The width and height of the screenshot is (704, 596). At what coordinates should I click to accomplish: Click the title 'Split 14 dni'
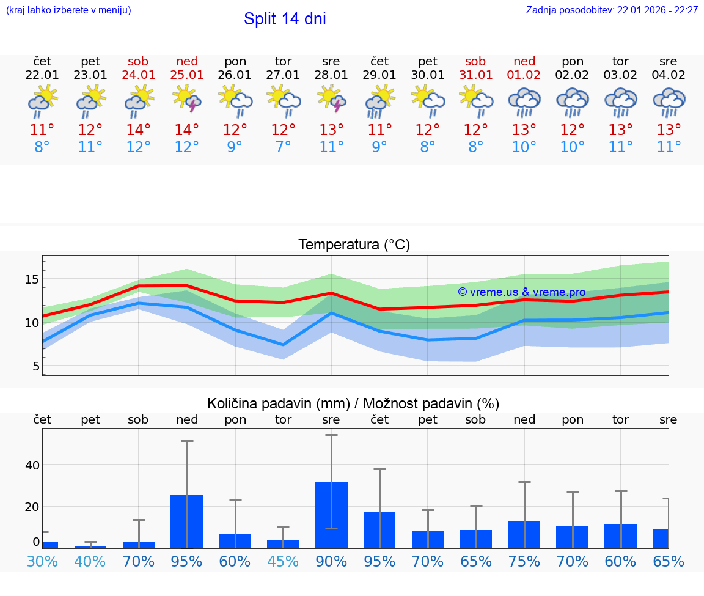pos(285,19)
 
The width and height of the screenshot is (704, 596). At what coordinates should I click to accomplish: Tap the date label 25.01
pos(186,75)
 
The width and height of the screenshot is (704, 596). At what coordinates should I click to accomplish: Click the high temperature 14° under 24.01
pos(139,130)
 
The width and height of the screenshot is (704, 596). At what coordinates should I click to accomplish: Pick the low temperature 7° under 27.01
pos(283,147)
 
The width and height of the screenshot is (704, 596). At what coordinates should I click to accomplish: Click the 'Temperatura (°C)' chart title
pos(354,245)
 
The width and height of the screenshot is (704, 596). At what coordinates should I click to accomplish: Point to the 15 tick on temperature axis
pos(31,279)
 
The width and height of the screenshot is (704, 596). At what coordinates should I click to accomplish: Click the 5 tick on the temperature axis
pos(35,366)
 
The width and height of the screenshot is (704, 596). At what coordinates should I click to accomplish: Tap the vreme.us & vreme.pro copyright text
pos(521,292)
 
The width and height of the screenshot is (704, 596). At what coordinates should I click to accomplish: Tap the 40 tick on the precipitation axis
pos(32,465)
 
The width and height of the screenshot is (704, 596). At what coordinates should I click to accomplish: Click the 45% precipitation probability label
pos(283,561)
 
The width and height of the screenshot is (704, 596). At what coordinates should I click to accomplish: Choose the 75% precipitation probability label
pos(524,561)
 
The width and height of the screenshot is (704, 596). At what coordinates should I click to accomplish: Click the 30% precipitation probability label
pos(42,561)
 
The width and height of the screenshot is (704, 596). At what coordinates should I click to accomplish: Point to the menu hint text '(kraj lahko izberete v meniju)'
pos(68,10)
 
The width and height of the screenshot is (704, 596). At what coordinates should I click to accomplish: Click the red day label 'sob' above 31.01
pos(475,61)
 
